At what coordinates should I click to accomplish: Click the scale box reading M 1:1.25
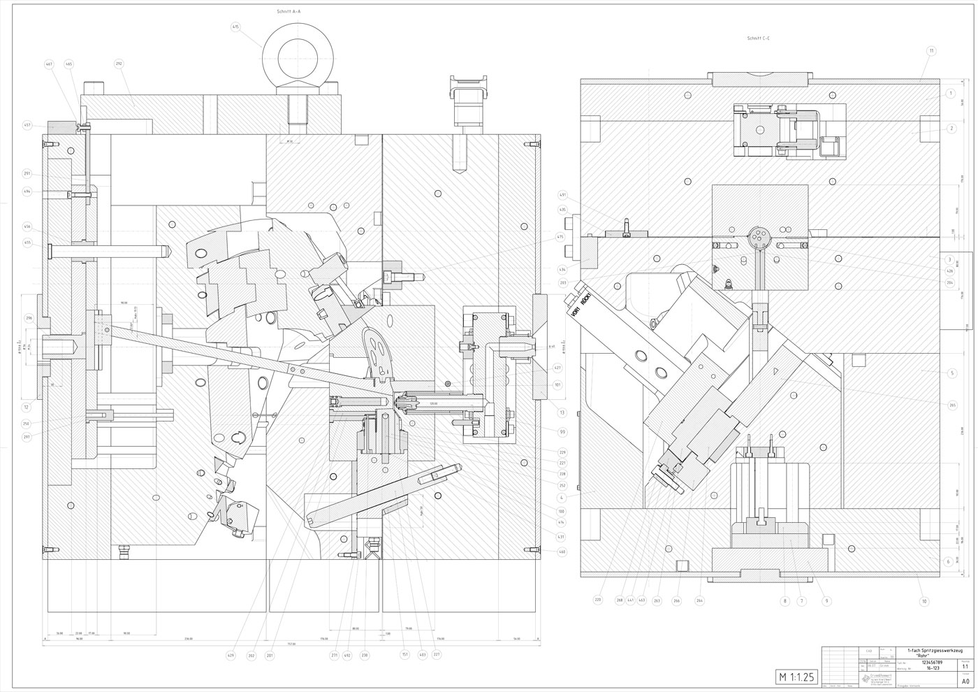point(795,677)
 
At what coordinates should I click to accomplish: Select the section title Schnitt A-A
point(289,12)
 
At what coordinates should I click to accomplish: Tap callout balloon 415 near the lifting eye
point(235,27)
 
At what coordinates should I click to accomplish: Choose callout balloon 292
point(119,64)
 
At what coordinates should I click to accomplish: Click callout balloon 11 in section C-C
point(931,51)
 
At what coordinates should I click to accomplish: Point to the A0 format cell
point(965,680)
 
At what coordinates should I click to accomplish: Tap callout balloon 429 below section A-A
point(231,655)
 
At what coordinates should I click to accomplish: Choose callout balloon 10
point(924,601)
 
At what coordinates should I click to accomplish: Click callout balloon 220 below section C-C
point(598,599)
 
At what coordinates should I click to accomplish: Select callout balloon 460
point(561,552)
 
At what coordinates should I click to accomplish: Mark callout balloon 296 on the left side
point(29,318)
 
